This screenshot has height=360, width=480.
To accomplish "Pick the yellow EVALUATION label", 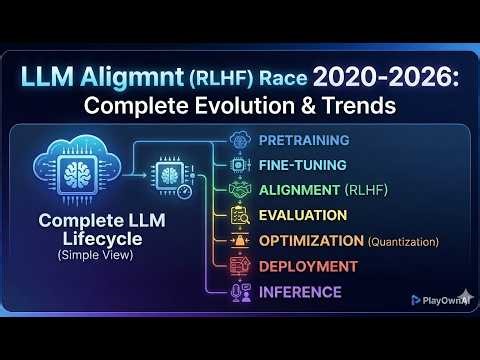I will point(303,215).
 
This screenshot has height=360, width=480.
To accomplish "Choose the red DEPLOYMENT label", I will point(307,266).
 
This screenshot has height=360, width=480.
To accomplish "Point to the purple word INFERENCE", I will point(300,292).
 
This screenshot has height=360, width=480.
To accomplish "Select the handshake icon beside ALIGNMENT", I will point(239,189).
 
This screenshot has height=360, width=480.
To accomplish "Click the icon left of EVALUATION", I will point(239,215).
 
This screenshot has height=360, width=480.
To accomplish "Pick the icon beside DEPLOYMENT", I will point(239,266).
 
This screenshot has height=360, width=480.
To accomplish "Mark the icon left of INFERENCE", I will point(239,292).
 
